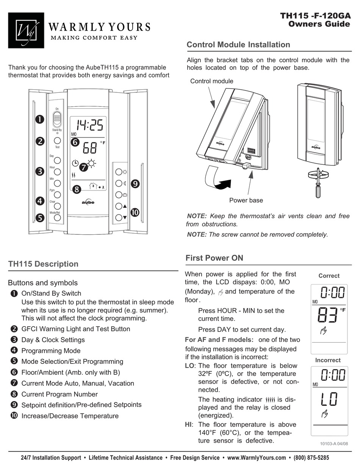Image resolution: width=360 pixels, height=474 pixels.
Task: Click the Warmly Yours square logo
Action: pos(26,30)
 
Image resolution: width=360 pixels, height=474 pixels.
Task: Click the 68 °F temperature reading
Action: pos(90,148)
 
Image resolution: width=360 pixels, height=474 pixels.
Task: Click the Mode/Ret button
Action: pos(57,218)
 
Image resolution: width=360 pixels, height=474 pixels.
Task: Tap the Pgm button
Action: pos(57,195)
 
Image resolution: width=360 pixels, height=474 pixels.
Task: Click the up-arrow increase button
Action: pos(119,206)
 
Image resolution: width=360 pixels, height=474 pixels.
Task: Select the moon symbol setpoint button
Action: pos(119,184)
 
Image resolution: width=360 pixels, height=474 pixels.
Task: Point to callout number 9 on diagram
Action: pos(135,184)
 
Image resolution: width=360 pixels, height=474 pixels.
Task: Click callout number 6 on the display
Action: pos(75,142)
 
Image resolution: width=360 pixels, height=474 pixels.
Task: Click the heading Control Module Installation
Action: pos(238,45)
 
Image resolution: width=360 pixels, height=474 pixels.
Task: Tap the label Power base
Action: pos(246,200)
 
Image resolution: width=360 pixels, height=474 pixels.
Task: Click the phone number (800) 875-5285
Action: pos(311,458)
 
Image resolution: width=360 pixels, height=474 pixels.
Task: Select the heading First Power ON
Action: pos(214,258)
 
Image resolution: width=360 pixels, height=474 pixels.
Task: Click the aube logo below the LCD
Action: pos(88,202)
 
